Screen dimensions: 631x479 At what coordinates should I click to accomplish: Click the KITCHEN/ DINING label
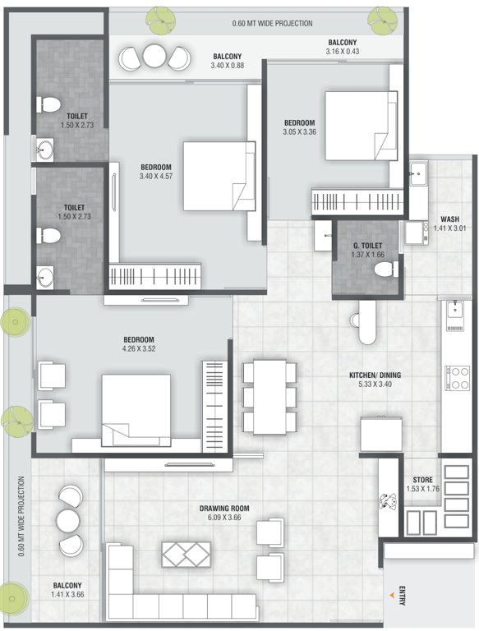point(374,375)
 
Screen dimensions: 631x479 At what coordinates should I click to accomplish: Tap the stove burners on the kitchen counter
point(454,377)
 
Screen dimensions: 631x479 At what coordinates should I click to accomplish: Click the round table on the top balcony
point(154,56)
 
